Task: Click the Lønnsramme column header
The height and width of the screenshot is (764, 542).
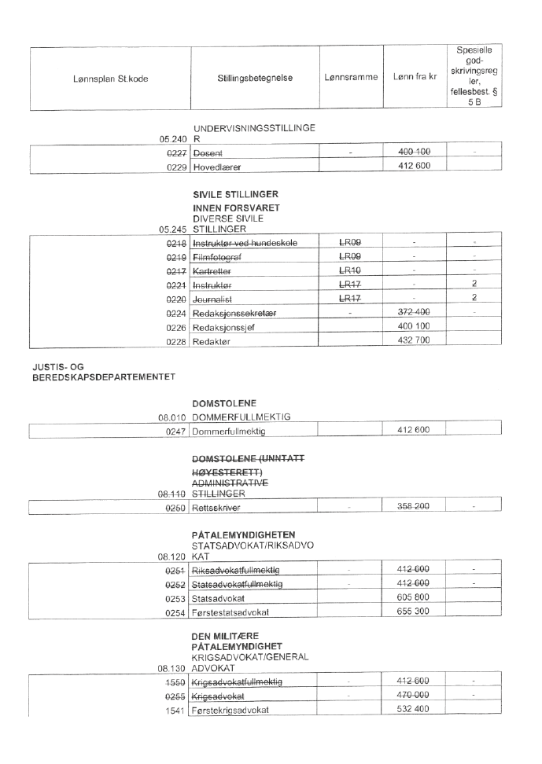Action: (x=351, y=79)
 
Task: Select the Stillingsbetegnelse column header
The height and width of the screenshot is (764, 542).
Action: (x=255, y=79)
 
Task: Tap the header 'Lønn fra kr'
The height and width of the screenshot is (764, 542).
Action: (x=414, y=79)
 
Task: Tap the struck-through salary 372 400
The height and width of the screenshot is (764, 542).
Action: (x=414, y=312)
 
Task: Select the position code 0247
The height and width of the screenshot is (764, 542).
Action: (x=175, y=432)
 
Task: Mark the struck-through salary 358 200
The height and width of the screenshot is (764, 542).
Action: (x=414, y=507)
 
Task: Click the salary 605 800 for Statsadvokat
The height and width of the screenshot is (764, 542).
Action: (x=414, y=597)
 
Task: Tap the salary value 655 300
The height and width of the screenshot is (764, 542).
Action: (x=414, y=612)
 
